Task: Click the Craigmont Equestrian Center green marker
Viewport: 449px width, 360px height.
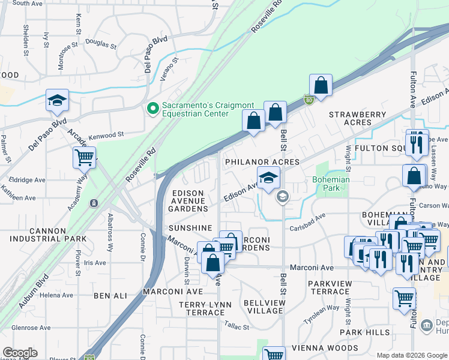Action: tap(152, 109)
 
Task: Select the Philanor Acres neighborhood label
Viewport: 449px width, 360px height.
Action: tap(262, 162)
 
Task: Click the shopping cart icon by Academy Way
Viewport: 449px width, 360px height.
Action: tap(85, 158)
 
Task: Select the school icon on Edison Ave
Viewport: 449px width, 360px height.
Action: tap(269, 177)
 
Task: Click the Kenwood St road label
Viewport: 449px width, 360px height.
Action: tap(106, 137)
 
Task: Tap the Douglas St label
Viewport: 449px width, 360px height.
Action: tap(101, 43)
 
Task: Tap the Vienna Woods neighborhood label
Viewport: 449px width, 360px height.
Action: tap(324, 348)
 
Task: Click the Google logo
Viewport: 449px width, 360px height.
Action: tap(20, 353)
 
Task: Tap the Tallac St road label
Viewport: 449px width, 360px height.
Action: tap(237, 327)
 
